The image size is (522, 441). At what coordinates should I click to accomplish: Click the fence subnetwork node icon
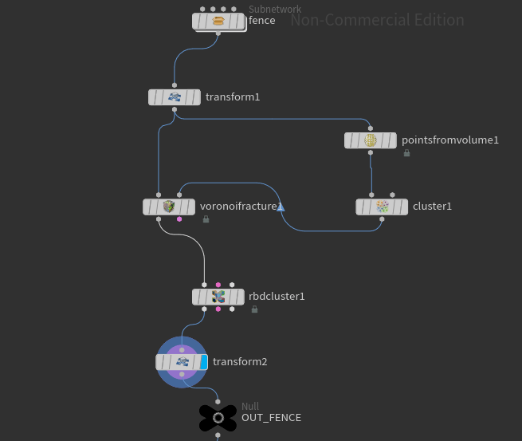218,22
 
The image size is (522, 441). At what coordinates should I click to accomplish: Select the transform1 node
175,97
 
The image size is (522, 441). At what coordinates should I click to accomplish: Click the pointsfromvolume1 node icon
371,140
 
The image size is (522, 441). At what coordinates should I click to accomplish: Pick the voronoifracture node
168,207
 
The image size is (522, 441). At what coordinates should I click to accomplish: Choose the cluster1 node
382,207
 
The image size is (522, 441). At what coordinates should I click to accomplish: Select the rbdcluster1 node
218,297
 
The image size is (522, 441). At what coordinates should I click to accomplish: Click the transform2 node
182,362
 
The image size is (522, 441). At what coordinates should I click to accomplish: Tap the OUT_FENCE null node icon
218,417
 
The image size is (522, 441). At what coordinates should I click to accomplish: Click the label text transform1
233,97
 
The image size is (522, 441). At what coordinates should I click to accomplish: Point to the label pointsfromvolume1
449,140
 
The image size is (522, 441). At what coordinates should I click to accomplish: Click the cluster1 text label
432,207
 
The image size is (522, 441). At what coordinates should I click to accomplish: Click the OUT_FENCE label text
271,417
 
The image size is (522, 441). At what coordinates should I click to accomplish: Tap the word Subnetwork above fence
275,10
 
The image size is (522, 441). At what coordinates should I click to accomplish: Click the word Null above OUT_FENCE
250,407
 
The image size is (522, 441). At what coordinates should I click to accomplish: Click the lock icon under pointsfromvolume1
406,153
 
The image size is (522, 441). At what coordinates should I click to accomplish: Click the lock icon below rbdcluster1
254,309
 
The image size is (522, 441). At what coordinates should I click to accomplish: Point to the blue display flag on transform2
203,362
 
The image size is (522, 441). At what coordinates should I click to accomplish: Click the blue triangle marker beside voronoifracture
281,207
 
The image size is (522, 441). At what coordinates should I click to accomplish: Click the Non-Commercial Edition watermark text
377,20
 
